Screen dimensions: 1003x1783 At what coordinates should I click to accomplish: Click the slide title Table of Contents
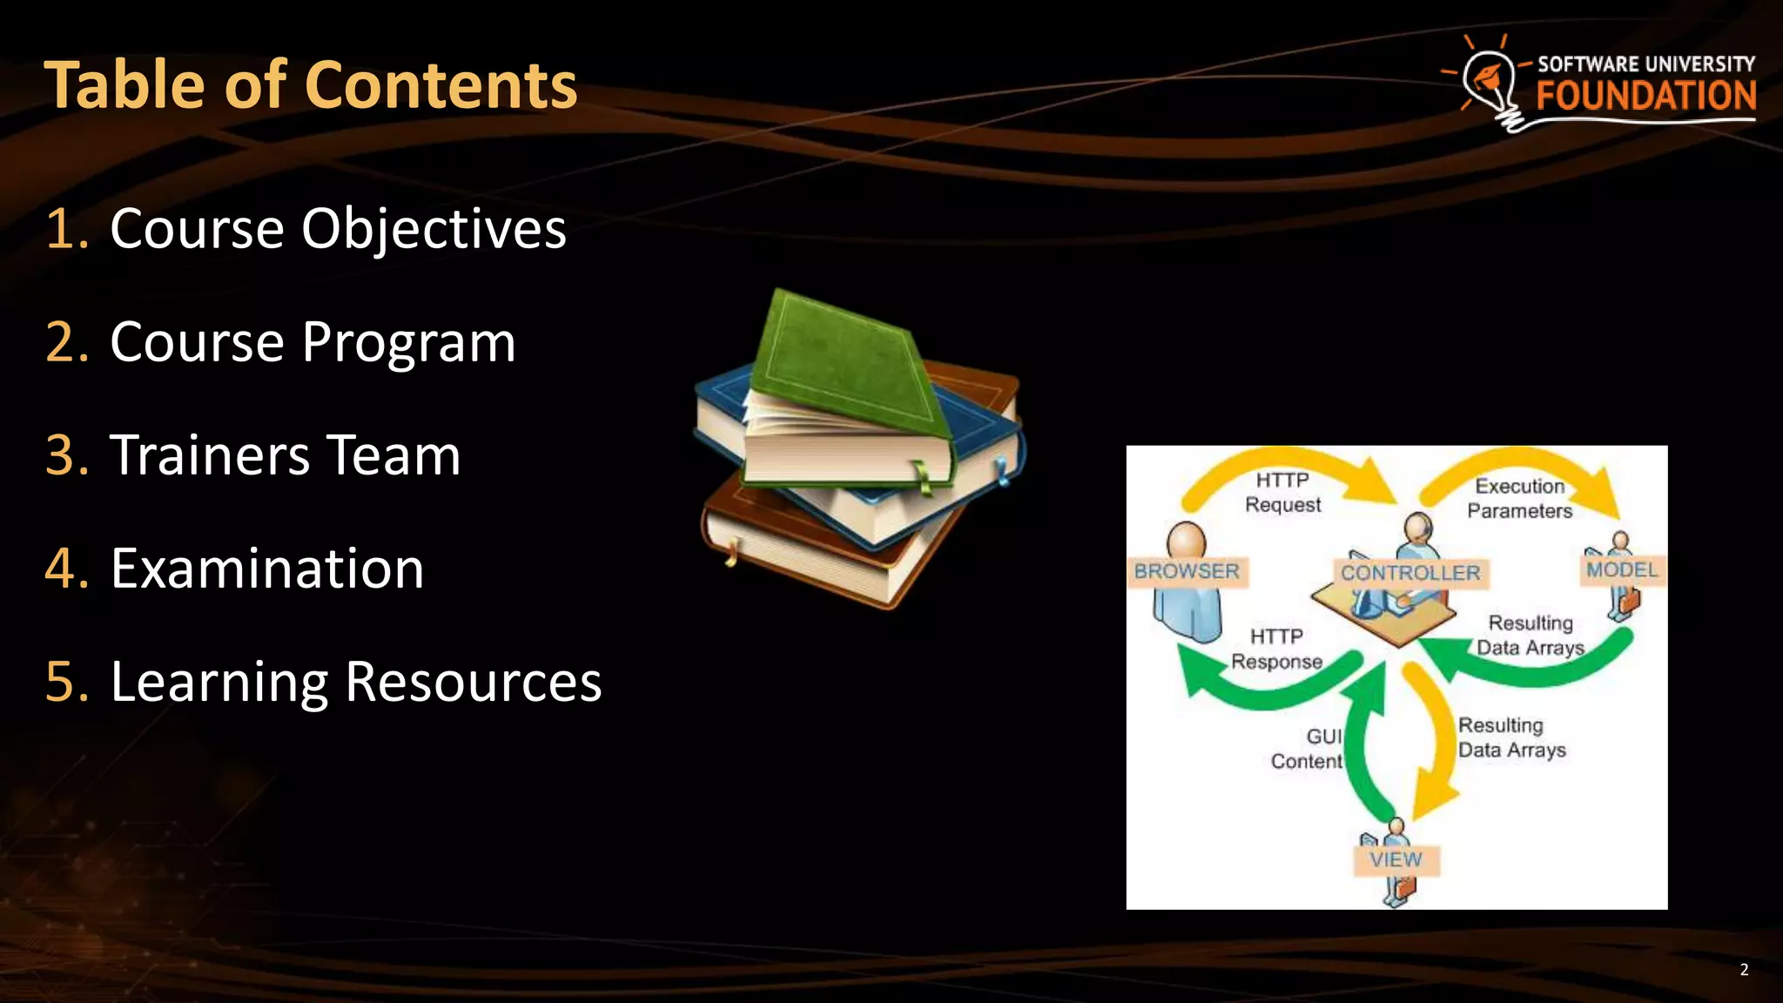310,85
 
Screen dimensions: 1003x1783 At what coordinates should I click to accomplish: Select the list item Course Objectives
338,229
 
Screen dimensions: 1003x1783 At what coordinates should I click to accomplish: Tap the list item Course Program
313,342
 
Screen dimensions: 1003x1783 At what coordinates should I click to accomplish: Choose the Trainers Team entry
285,455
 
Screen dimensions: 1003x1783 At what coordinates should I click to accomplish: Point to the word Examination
267,569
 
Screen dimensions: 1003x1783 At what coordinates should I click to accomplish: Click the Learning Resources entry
356,682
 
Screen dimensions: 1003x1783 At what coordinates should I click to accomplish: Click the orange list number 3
66,455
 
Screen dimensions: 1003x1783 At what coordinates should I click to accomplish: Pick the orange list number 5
66,682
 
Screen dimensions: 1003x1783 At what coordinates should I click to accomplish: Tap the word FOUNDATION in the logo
1645,96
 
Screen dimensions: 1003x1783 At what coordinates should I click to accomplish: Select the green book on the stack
844,366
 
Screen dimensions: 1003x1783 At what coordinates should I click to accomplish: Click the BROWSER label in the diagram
1186,571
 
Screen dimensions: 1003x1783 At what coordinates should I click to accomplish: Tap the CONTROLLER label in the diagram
1410,573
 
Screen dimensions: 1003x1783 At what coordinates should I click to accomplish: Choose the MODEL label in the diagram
1622,570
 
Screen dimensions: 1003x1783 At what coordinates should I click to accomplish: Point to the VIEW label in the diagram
1396,859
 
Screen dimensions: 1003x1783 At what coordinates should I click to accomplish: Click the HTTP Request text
1282,493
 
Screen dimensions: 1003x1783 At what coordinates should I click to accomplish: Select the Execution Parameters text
1520,499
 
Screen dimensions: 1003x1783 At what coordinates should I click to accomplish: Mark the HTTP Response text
1276,650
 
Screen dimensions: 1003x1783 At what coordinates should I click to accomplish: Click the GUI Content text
1308,749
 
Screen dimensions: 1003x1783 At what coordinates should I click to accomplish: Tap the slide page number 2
1744,970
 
